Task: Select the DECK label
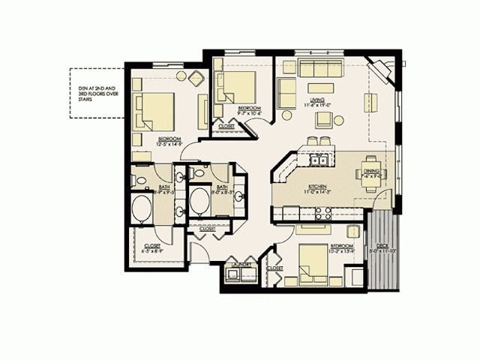[x=383, y=244]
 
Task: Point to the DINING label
[x=371, y=171]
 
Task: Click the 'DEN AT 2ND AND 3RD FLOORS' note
[x=94, y=92]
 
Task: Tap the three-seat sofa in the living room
[x=319, y=69]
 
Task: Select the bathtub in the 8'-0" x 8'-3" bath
[x=200, y=202]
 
